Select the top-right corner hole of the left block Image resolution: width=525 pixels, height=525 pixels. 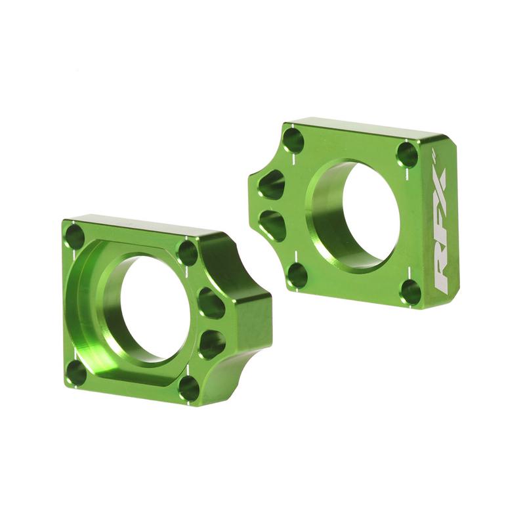click(x=188, y=252)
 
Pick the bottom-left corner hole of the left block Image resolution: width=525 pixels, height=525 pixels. click(x=77, y=372)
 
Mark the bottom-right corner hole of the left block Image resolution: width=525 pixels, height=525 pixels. click(x=188, y=387)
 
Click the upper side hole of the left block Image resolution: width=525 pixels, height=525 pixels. click(x=211, y=303)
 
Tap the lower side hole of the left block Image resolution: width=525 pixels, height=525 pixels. click(x=211, y=343)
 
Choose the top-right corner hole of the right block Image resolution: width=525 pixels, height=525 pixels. click(x=408, y=154)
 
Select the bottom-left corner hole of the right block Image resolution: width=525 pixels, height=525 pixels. click(x=297, y=274)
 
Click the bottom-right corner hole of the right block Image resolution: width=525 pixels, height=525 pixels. click(x=411, y=291)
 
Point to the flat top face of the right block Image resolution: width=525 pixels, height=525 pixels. click(x=367, y=129)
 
